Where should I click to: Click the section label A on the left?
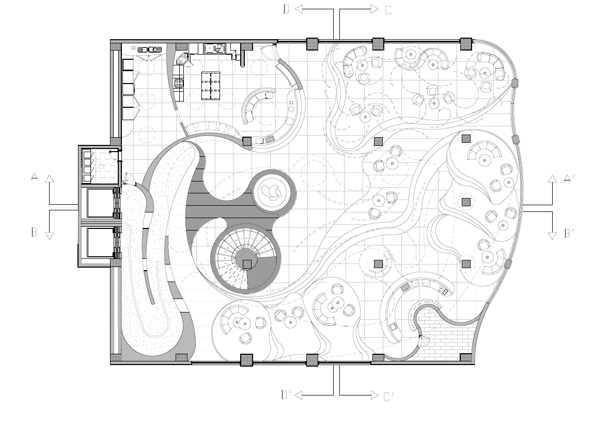(35, 177)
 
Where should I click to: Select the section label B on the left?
(34, 232)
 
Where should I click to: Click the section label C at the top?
(388, 10)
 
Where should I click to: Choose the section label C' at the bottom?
(389, 397)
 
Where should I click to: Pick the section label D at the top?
(286, 9)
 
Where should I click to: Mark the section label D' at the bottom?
(286, 395)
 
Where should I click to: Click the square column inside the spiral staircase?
(247, 263)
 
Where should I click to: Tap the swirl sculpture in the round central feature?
(274, 192)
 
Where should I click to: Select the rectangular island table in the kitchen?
(210, 86)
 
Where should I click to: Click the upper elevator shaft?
(101, 203)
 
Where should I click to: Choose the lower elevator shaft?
(101, 242)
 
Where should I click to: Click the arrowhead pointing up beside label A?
(49, 178)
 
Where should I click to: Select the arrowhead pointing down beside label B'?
(552, 236)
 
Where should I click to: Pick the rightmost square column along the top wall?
(466, 44)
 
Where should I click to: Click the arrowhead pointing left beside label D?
(299, 9)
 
